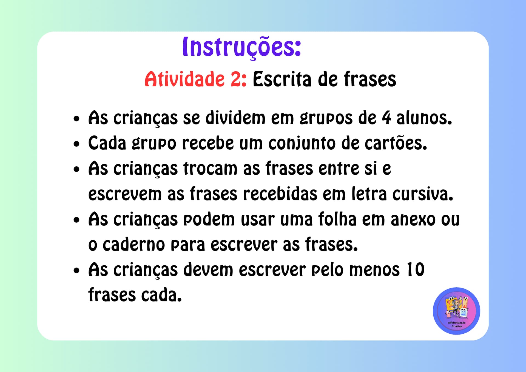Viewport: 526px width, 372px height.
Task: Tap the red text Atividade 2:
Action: tap(195, 79)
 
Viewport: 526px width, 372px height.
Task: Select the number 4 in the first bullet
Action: tap(386, 118)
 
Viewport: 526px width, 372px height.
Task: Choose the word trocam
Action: tap(210, 168)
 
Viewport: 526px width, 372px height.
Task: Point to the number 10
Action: tap(416, 269)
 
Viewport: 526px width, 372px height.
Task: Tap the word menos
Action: tap(374, 270)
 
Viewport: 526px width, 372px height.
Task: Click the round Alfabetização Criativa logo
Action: tap(456, 311)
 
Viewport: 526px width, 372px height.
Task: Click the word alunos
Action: tap(424, 118)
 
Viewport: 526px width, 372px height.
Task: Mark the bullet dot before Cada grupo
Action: tap(76, 144)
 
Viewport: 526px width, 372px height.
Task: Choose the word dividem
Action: tap(235, 118)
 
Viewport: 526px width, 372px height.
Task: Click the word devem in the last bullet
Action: tap(208, 269)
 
